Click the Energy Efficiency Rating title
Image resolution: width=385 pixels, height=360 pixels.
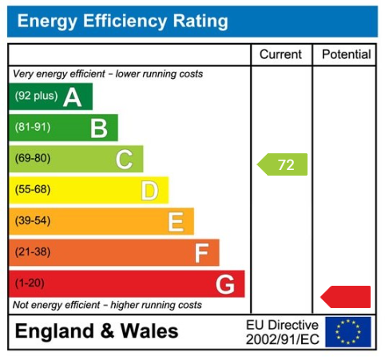pos(122,22)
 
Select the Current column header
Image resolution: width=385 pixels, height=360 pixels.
pos(281,55)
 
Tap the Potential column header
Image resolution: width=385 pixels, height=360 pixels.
pos(346,55)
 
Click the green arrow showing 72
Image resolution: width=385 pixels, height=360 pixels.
pos(283,165)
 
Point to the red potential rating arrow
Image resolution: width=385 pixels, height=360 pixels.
pos(347,297)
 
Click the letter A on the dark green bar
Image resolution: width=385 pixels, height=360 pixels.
pos(73,97)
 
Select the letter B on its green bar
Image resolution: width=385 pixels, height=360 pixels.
pos(98,128)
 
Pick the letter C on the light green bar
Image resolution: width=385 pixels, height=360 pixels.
pos(124,159)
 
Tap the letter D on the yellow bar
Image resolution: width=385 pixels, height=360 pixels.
pos(149,190)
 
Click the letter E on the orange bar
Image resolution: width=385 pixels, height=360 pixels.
pos(176,221)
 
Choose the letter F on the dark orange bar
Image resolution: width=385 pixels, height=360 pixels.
pos(201,253)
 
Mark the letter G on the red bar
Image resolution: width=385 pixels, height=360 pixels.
pos(225,284)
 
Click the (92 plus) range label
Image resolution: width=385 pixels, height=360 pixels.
pos(37,97)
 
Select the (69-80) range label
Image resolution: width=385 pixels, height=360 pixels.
pos(32,159)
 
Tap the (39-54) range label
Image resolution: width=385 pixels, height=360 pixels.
pos(32,221)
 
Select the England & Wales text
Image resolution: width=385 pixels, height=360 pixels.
pos(97,332)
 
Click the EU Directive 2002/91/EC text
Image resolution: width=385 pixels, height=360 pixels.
pos(282,332)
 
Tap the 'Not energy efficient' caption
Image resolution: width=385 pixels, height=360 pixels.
pos(107,305)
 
